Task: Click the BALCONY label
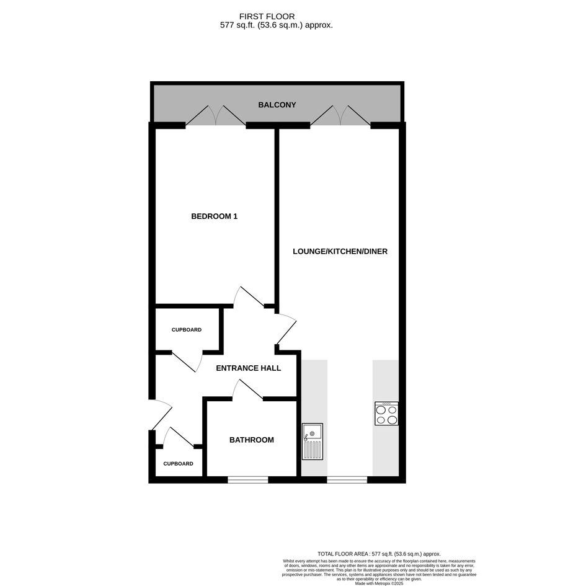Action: pos(277,105)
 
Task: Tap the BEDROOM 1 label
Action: pos(214,216)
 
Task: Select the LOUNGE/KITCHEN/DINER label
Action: pos(340,252)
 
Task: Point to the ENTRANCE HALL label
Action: pos(249,368)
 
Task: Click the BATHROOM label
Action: pos(252,440)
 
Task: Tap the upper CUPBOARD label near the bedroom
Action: pos(187,330)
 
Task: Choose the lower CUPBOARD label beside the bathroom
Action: pos(178,464)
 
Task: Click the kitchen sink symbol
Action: pos(313,442)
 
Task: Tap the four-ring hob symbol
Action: pos(386,414)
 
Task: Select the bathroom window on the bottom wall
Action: pos(248,480)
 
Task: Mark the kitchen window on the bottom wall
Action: pos(347,480)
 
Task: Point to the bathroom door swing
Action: pos(247,389)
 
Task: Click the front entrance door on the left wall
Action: pos(161,415)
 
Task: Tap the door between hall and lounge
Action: pos(286,329)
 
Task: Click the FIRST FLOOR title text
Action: pos(267,17)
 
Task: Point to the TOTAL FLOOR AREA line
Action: pos(379,554)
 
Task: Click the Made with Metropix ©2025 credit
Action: pos(379,583)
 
